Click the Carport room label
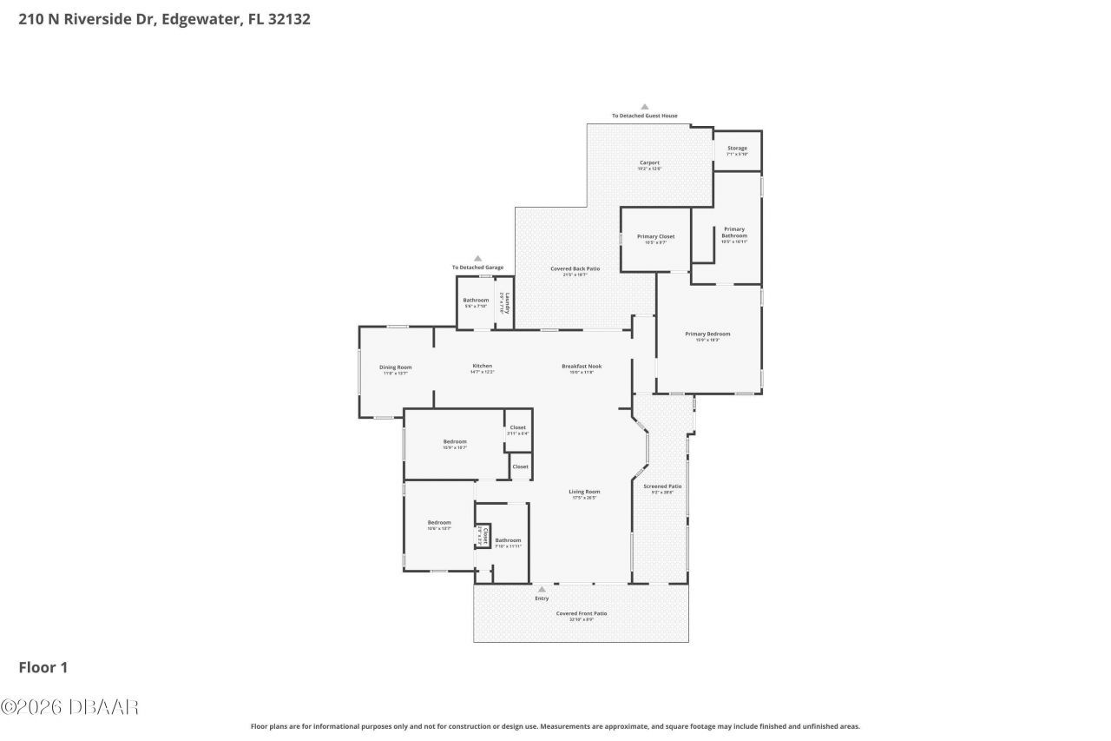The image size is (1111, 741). pyautogui.click(x=649, y=162)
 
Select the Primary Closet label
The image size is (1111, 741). pyautogui.click(x=655, y=236)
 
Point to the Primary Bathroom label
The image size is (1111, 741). pyautogui.click(x=734, y=233)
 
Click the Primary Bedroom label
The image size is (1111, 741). pyautogui.click(x=707, y=334)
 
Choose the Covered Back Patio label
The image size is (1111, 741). pyautogui.click(x=575, y=268)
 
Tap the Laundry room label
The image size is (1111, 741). pyautogui.click(x=507, y=302)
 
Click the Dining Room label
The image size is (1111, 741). pyautogui.click(x=395, y=367)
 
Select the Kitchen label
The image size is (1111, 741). pyautogui.click(x=482, y=366)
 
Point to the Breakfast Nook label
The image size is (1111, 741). pyautogui.click(x=581, y=366)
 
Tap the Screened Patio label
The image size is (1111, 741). pyautogui.click(x=661, y=486)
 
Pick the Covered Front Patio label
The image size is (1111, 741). pyautogui.click(x=581, y=613)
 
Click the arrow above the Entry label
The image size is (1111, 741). pyautogui.click(x=542, y=589)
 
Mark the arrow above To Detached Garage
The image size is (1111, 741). pyautogui.click(x=477, y=258)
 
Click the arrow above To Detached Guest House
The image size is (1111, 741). pyautogui.click(x=644, y=107)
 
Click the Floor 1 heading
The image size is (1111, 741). pyautogui.click(x=43, y=667)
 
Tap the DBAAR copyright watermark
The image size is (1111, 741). pyautogui.click(x=69, y=707)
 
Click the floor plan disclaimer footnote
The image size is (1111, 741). pyautogui.click(x=555, y=726)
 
